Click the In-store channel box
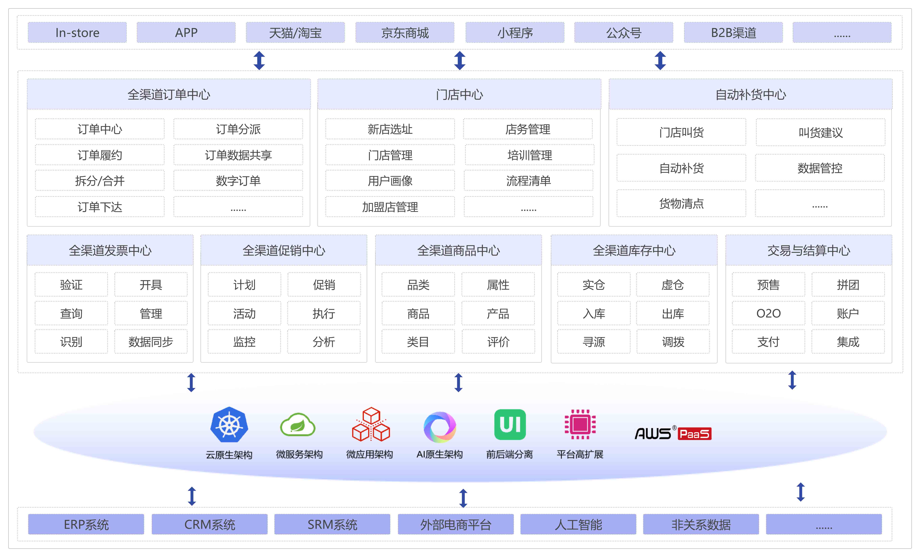77,33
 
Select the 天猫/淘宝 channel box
295,33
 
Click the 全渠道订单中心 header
169,94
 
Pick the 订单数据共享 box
238,155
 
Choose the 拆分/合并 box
100,181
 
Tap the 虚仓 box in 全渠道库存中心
673,285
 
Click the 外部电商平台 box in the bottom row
455,525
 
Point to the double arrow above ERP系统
192,496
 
